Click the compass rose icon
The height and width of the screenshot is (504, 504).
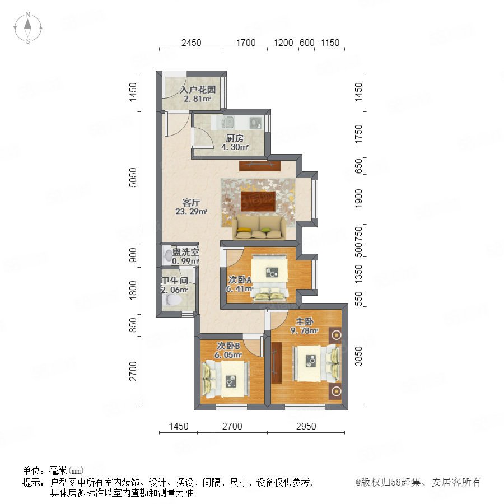pos(28,28)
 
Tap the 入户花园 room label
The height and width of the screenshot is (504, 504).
pos(197,90)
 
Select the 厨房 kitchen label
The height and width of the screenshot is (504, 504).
pos(235,138)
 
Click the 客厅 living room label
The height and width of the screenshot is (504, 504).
pos(191,203)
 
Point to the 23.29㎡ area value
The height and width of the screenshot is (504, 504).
pos(191,212)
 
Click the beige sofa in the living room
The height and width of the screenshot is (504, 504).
pos(259,227)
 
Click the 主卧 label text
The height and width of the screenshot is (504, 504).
pos(305,321)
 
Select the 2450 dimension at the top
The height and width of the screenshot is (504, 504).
pos(192,43)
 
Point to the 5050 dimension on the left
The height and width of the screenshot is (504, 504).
pos(132,178)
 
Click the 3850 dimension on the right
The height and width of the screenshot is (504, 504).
pos(358,356)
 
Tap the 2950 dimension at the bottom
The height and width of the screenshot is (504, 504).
pos(306,426)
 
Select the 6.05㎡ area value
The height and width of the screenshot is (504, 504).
pos(228,355)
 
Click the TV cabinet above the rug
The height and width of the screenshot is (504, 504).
pos(260,166)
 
